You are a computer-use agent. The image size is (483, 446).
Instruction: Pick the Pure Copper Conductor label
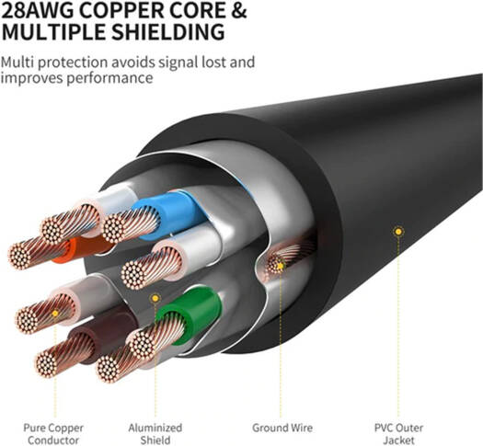53,433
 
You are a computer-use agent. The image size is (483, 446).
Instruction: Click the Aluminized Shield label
155,433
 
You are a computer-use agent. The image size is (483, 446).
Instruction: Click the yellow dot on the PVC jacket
397,232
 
